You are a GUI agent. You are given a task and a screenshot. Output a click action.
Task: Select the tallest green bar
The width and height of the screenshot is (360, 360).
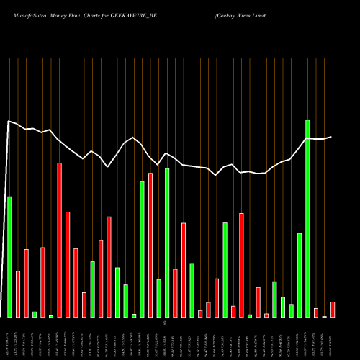(307, 218)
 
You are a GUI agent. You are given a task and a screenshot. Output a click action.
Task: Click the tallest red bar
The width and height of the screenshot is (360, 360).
(60, 240)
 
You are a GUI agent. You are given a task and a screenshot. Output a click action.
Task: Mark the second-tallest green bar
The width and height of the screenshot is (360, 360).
(167, 243)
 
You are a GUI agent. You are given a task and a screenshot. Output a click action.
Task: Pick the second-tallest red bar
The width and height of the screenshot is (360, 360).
(150, 245)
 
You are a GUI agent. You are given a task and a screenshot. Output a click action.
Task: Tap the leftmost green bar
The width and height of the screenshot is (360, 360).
(9, 256)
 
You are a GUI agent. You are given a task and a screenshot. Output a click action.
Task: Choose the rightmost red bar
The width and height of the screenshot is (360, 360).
(333, 310)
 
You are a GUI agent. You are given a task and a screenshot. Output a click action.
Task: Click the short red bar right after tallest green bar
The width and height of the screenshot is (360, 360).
(316, 312)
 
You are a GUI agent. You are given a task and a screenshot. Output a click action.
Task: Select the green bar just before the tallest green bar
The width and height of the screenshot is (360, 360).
(300, 275)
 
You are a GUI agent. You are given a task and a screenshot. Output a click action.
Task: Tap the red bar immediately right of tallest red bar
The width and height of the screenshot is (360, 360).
(68, 264)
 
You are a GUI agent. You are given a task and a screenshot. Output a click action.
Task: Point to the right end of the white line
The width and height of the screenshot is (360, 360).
(332, 137)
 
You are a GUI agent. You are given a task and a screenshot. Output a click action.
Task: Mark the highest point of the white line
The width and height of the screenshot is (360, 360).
(9, 122)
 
